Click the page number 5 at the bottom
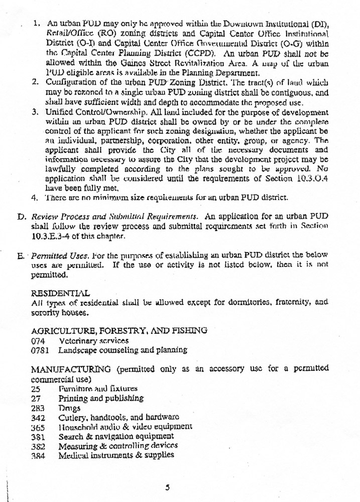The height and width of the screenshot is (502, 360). (169, 486)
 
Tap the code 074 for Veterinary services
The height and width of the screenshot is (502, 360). (38, 340)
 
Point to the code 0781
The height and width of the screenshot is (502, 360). (40, 350)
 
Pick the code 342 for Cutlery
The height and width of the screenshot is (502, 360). (38, 417)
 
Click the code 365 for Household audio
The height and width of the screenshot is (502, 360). (38, 427)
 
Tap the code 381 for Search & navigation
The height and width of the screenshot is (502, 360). (38, 436)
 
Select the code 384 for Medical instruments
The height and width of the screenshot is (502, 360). (38, 455)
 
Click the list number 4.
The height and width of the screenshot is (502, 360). (34, 197)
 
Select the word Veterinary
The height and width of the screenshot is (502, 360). (75, 340)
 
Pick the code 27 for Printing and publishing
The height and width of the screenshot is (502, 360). (35, 398)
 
